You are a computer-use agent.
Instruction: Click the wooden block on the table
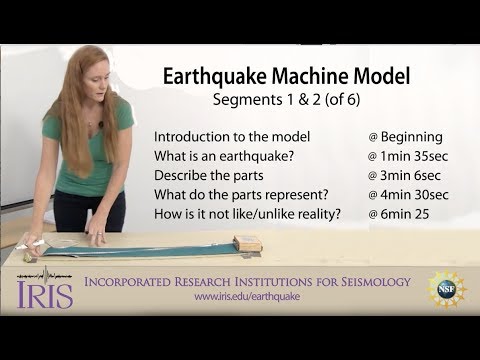tap(246, 242)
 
